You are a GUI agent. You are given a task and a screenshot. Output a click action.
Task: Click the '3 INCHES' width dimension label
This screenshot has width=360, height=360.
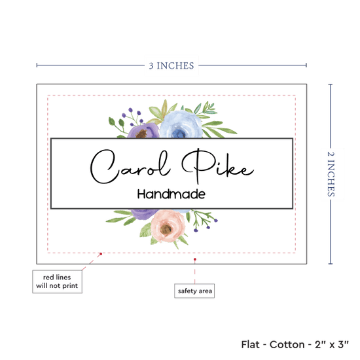tap(171, 65)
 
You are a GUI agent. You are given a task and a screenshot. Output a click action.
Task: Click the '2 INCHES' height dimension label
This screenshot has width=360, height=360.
tap(331, 174)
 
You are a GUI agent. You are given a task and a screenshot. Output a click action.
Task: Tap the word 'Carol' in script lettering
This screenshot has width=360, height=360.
tap(130, 166)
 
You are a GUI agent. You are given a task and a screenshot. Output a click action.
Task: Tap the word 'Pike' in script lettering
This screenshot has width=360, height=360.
tap(218, 166)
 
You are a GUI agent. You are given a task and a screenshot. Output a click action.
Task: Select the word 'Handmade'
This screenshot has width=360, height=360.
tap(171, 194)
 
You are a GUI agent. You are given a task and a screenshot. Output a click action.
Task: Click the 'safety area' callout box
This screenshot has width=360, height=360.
tap(194, 291)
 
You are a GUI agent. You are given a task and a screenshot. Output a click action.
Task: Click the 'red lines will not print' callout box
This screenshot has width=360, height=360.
tap(57, 281)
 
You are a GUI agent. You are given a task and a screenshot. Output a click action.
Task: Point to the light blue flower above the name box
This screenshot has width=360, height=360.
tap(181, 124)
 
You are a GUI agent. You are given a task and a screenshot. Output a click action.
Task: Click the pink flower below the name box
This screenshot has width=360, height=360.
tap(168, 226)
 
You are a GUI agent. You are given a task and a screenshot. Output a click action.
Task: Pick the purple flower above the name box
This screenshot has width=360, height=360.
tap(143, 131)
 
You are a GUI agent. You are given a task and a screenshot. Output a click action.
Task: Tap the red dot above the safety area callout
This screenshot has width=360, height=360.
tap(195, 259)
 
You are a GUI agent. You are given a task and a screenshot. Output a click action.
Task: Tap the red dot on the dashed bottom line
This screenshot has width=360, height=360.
tap(101, 254)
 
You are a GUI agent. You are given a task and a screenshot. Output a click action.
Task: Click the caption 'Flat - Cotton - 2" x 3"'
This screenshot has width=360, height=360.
tap(295, 344)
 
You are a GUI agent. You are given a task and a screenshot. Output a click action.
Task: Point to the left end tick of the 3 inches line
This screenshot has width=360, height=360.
tap(37, 65)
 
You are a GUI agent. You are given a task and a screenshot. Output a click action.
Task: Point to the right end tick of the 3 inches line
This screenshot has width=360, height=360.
tap(306, 65)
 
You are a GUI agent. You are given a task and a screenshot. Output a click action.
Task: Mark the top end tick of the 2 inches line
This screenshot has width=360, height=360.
tap(331, 84)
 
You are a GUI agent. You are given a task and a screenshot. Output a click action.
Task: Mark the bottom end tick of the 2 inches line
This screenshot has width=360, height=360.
tap(331, 264)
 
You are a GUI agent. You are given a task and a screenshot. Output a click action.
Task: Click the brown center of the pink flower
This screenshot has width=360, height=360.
tap(166, 228)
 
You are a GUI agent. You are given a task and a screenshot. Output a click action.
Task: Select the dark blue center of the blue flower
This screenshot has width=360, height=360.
tap(179, 134)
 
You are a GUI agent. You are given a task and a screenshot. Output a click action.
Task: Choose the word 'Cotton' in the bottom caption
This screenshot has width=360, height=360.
tap(287, 344)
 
